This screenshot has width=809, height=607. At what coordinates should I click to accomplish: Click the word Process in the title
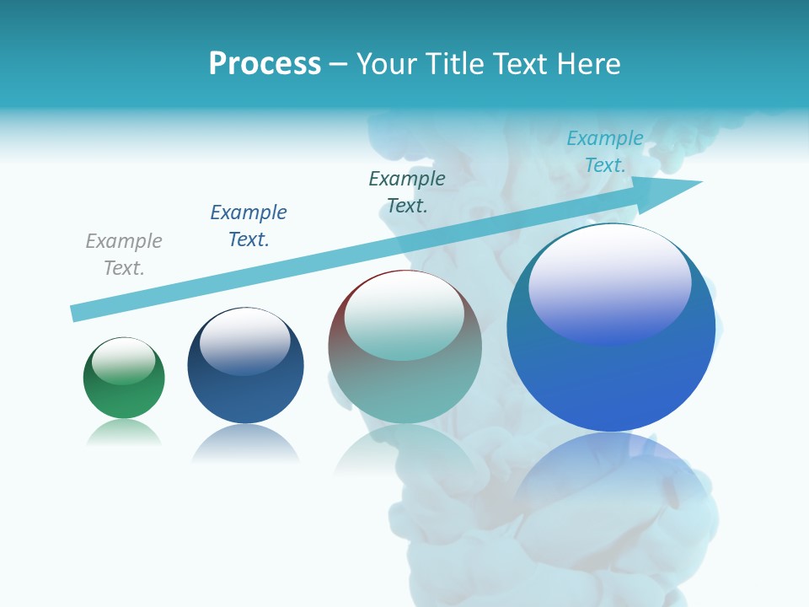click(265, 64)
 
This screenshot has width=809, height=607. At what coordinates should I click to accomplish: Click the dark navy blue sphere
click(245, 392)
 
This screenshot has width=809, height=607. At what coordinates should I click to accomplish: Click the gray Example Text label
click(124, 255)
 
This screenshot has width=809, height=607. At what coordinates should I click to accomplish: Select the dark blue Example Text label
click(249, 226)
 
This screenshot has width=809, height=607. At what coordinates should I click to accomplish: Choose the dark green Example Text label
click(407, 191)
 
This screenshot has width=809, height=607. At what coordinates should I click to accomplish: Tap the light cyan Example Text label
click(605, 152)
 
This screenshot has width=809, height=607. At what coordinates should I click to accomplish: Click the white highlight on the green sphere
click(124, 360)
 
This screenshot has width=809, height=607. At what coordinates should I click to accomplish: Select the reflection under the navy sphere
click(245, 443)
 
